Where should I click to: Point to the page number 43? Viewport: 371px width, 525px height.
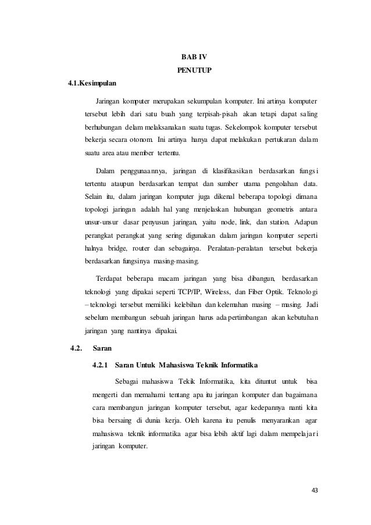(x=315, y=490)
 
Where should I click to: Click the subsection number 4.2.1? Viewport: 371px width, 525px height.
(x=101, y=365)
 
